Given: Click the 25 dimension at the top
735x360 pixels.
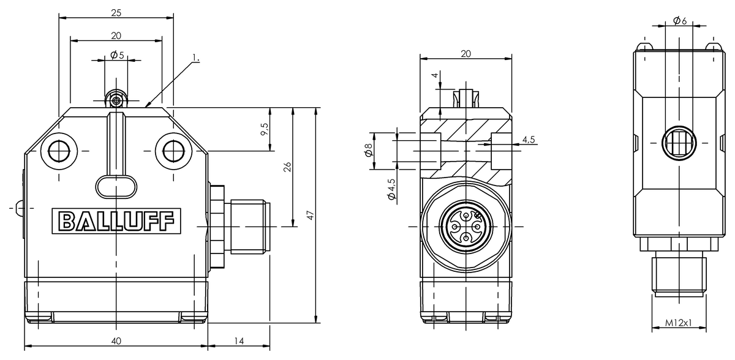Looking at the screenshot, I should tap(116, 12).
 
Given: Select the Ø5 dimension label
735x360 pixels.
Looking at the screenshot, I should tap(118, 55).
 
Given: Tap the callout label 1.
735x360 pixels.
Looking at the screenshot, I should tap(195, 58).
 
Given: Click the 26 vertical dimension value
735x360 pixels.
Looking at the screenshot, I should tap(287, 167).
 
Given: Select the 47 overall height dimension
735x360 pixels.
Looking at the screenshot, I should tap(311, 215).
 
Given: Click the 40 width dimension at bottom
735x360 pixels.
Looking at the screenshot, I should tap(116, 340).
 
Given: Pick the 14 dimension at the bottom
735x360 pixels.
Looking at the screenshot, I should tap(239, 340).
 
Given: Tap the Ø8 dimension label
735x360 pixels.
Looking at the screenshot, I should tap(369, 149).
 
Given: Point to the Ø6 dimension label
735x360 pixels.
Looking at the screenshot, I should tap(679, 21).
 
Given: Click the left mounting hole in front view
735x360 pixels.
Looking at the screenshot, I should tap(60, 149).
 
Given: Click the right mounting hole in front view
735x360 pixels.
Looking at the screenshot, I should tap(172, 149).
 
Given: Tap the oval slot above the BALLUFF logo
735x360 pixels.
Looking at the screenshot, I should tap(116, 186).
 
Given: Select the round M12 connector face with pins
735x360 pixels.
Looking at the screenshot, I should tap(466, 227).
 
